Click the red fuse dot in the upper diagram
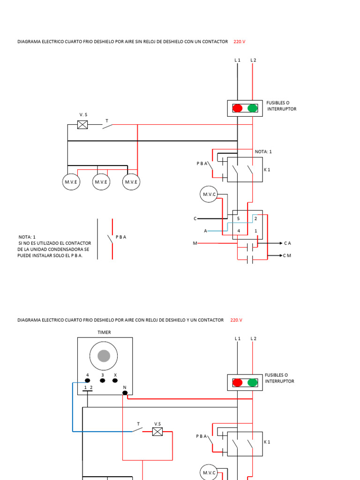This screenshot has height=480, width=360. click(x=238, y=108)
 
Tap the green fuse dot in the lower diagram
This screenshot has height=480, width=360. click(x=253, y=382)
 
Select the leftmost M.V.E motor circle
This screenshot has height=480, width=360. click(x=71, y=182)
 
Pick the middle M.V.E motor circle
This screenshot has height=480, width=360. click(x=101, y=182)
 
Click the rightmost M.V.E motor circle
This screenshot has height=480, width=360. click(x=131, y=182)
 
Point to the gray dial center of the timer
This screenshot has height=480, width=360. click(x=104, y=356)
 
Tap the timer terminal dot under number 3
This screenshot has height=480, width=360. click(x=103, y=381)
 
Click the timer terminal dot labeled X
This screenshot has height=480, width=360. click(x=115, y=381)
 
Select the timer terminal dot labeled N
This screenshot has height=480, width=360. click(x=125, y=393)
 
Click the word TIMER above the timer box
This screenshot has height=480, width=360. click(x=104, y=332)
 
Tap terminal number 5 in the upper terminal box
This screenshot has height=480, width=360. click(x=239, y=218)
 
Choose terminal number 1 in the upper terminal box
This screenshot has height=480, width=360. click(x=256, y=231)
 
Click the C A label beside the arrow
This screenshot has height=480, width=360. click(x=287, y=243)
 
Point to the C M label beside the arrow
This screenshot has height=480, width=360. click(x=287, y=255)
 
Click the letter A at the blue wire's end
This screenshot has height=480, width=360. click(x=205, y=231)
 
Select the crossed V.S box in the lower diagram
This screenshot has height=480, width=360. click(x=157, y=432)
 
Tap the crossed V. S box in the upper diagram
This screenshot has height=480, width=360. click(x=82, y=125)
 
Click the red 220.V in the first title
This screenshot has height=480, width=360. click(x=240, y=42)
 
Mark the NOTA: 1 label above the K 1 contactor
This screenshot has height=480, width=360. click(x=263, y=151)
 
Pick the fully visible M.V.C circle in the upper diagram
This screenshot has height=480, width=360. click(x=209, y=195)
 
